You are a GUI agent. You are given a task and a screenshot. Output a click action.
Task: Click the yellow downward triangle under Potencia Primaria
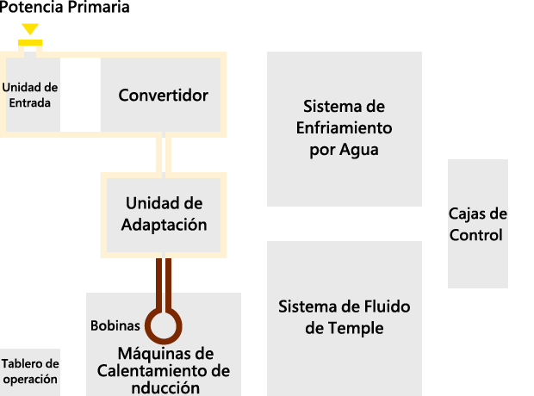[30, 28]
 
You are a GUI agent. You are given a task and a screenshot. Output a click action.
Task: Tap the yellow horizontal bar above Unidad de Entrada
[30, 42]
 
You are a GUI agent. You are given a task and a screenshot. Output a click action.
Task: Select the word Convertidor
[163, 95]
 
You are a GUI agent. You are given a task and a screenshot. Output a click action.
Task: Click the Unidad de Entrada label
[30, 95]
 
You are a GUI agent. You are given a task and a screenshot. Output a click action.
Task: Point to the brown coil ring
[164, 326]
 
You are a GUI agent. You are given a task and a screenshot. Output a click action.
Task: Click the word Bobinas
[115, 326]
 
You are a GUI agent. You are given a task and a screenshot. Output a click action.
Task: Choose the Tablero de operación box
[30, 372]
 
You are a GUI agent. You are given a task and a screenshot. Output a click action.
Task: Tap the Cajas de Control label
[477, 224]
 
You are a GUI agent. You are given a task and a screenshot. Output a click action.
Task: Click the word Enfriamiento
[344, 128]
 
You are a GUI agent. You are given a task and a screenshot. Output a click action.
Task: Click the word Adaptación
[165, 225]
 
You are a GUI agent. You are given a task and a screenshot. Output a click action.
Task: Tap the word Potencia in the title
[31, 7]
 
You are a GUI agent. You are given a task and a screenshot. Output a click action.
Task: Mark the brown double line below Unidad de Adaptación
[164, 284]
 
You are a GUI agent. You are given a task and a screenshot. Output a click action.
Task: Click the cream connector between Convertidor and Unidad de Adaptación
[164, 155]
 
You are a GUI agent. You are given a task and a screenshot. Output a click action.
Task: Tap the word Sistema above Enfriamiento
[328, 107]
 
